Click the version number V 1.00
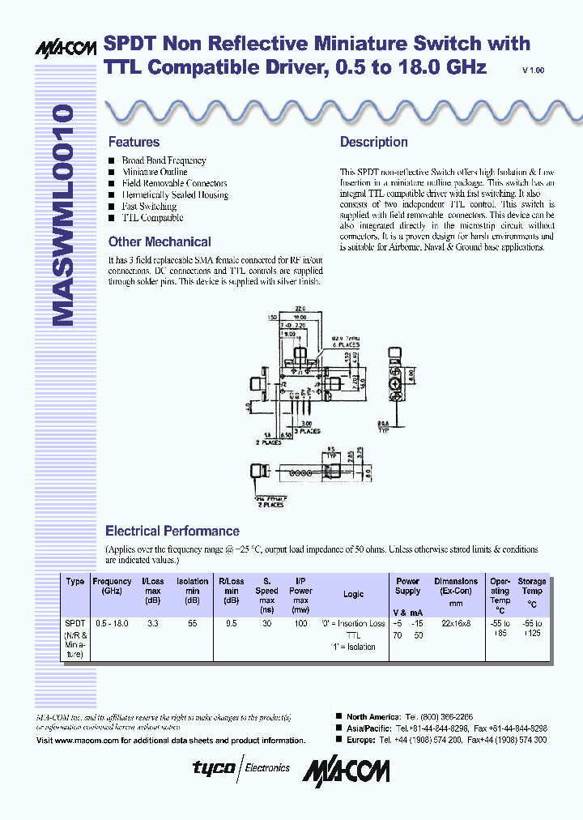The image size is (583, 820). pos(534,71)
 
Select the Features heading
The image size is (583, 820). pos(134,142)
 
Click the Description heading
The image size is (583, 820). pos(373,142)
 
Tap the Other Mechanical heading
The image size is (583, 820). pos(160,241)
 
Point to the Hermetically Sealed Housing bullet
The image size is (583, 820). pos(174,195)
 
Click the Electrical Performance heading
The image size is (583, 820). pos(172,531)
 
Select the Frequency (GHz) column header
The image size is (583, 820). pos(112,587)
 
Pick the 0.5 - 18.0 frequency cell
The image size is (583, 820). pos(111,623)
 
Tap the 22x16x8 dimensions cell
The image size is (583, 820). pos(456,623)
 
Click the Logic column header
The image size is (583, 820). pos(353,594)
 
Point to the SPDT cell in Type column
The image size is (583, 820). pos(74,623)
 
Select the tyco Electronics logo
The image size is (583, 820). pos(240,767)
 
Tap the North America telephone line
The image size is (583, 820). pos(412,717)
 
